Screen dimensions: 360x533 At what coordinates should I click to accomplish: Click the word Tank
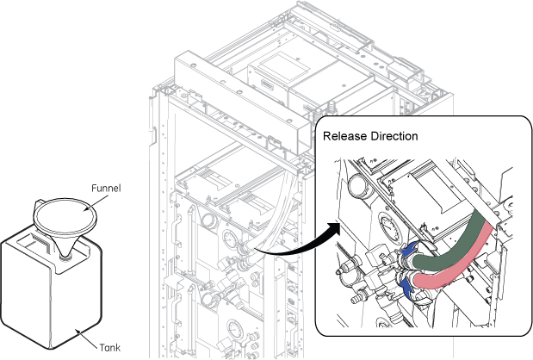(108, 347)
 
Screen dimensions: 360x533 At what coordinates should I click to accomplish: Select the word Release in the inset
(343, 136)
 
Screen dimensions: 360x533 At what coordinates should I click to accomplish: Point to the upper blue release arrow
(412, 255)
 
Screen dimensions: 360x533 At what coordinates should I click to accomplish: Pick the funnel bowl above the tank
(65, 215)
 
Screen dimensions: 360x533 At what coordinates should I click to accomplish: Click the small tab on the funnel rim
(40, 201)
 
